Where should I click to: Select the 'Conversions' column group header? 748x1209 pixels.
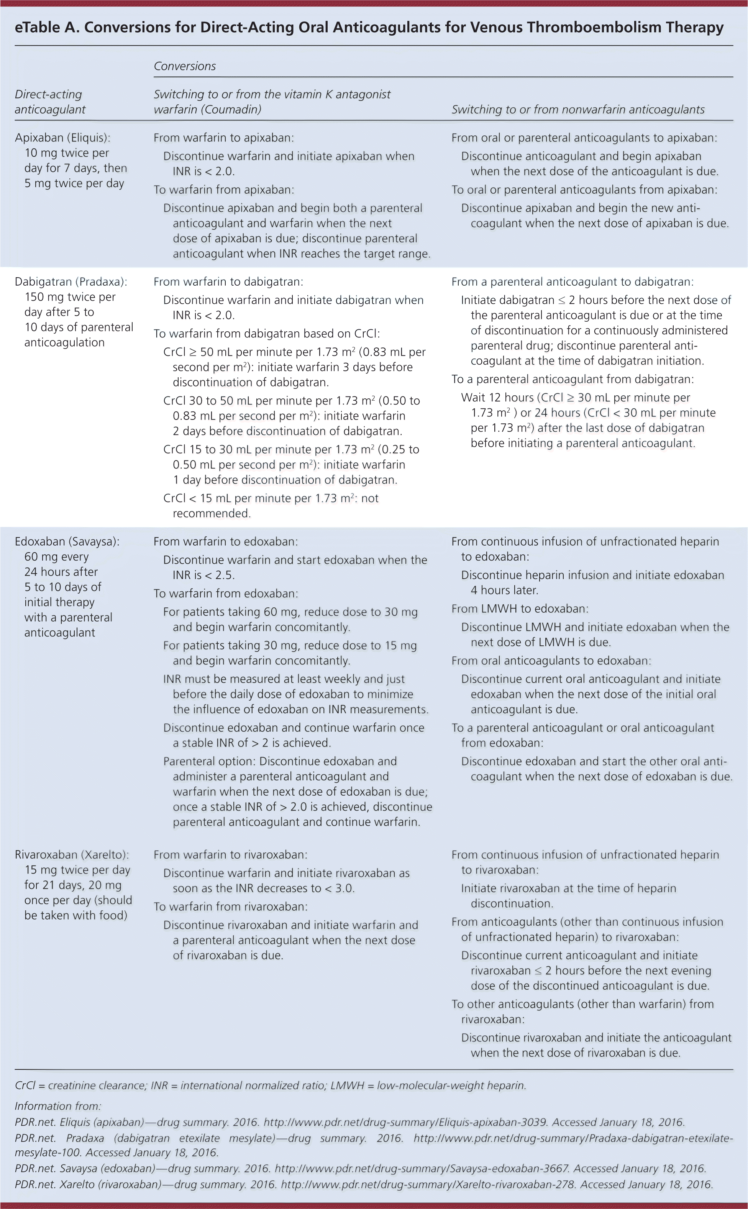tap(185, 66)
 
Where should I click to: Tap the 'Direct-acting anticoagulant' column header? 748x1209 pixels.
tap(49, 102)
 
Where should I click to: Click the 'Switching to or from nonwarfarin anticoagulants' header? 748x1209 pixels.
tap(578, 109)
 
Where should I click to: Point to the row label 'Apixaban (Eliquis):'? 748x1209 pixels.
tap(63, 138)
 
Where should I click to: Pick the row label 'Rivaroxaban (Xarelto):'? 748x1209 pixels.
tap(72, 855)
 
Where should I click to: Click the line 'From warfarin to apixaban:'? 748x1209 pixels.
tap(224, 138)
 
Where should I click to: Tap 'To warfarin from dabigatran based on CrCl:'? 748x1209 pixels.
tap(267, 334)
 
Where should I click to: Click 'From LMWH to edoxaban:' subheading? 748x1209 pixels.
tap(520, 609)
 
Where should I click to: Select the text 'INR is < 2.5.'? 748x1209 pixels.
tap(204, 575)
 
